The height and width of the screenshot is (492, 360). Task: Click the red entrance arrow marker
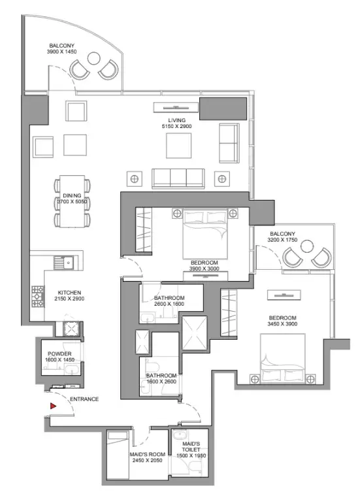(53, 406)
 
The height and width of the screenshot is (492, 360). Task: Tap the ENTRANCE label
(84, 399)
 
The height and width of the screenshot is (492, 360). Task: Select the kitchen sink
(63, 262)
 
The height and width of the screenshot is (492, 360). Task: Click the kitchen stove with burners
(38, 296)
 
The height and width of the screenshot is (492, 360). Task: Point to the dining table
(72, 201)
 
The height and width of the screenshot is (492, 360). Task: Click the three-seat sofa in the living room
(178, 178)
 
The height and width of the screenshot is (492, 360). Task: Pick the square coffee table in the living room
(178, 146)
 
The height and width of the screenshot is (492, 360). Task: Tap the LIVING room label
(176, 120)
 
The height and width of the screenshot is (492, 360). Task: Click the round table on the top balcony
(93, 58)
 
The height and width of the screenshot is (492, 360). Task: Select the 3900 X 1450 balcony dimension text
(62, 52)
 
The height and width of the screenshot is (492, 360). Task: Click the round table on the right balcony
(307, 246)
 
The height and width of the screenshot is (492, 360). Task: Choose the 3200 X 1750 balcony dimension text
(282, 240)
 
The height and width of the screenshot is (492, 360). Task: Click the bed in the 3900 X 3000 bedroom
(205, 235)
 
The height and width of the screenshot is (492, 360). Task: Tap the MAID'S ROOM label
(148, 454)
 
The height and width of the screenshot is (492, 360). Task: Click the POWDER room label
(59, 353)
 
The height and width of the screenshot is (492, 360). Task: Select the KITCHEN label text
(69, 293)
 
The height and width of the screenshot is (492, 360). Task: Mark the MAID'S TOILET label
(191, 447)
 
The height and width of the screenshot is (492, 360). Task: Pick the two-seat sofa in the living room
(229, 143)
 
